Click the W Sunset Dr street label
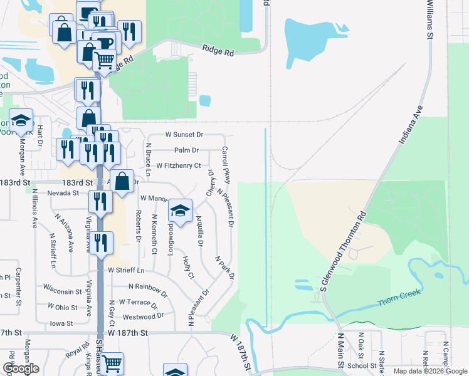(184, 135)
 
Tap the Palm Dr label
(186, 150)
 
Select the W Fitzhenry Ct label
(179, 166)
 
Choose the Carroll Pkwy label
(226, 164)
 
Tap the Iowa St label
(61, 323)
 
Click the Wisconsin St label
(63, 291)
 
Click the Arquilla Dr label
(199, 230)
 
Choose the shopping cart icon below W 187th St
(112, 363)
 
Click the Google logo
(21, 368)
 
